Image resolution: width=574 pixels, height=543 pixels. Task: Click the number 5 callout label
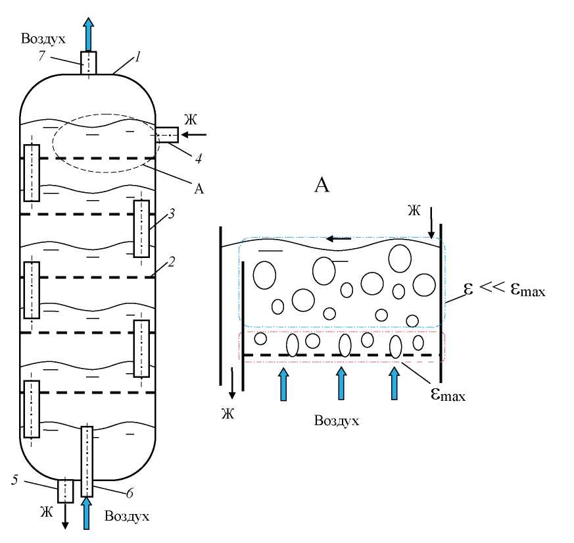click(x=14, y=480)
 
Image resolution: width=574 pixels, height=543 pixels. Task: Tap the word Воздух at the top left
click(x=44, y=39)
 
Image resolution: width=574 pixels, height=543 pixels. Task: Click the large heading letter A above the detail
click(x=322, y=185)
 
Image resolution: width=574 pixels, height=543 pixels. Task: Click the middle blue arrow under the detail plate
click(x=341, y=383)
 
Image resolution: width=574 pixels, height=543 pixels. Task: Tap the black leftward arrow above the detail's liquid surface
click(x=339, y=238)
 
